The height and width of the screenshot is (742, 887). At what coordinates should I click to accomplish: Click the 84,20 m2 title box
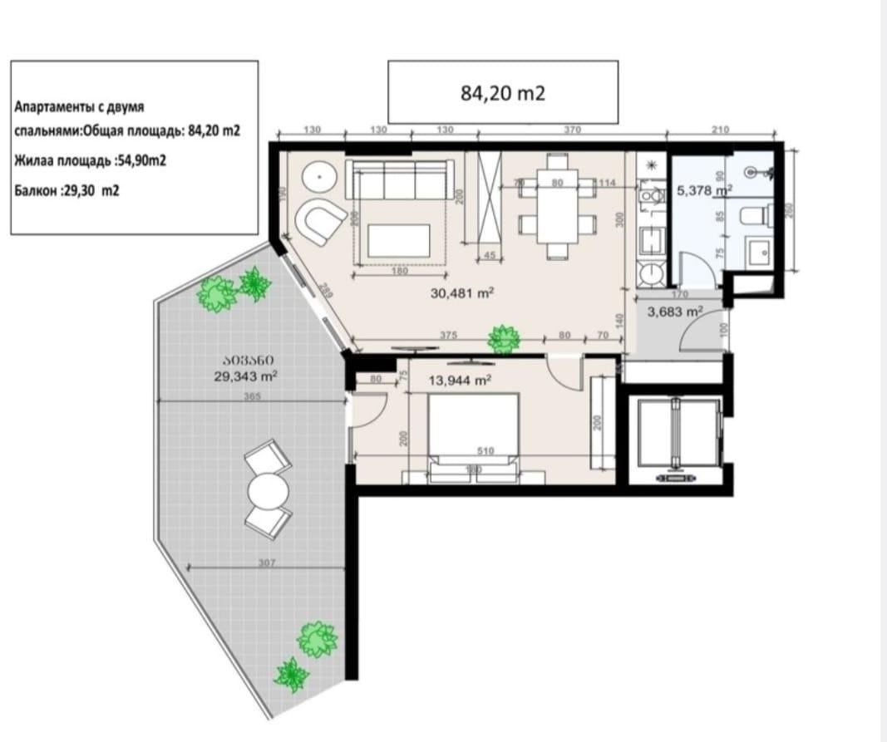click(x=503, y=92)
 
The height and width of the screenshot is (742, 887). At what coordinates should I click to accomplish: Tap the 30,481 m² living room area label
click(x=463, y=292)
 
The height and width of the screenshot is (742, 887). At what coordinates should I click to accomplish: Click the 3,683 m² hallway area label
click(x=675, y=312)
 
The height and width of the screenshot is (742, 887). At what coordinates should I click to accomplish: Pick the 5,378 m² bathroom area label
click(x=703, y=189)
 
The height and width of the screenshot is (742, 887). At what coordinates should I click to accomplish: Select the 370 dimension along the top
click(x=572, y=130)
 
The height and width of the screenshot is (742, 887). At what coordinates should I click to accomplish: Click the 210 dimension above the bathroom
click(x=721, y=130)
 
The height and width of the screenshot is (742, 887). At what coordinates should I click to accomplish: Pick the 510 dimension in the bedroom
click(x=485, y=451)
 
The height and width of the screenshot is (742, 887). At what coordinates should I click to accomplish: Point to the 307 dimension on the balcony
click(x=267, y=563)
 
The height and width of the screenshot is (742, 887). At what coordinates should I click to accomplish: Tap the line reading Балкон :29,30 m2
click(x=67, y=189)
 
